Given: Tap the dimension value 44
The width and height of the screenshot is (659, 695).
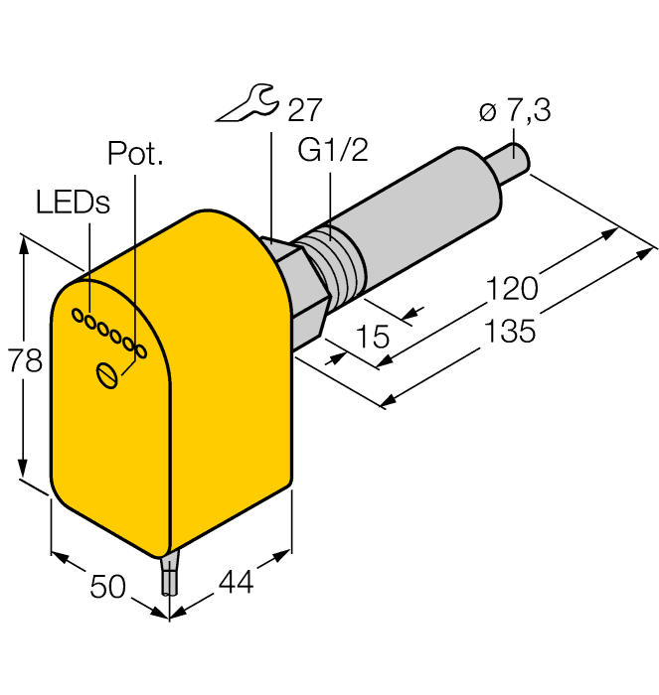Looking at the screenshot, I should click(235, 583).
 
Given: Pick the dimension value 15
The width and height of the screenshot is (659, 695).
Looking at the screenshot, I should click(373, 337).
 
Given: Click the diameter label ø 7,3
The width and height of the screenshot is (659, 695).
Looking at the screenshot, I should click(517, 112).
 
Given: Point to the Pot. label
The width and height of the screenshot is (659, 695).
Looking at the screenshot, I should click(134, 155).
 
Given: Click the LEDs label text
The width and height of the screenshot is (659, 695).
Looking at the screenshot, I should click(73, 202).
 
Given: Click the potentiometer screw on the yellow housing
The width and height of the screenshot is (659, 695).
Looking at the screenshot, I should click(107, 374).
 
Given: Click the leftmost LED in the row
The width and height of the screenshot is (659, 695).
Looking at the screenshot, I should click(76, 315).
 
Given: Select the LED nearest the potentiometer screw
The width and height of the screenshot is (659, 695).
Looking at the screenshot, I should click(141, 351).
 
